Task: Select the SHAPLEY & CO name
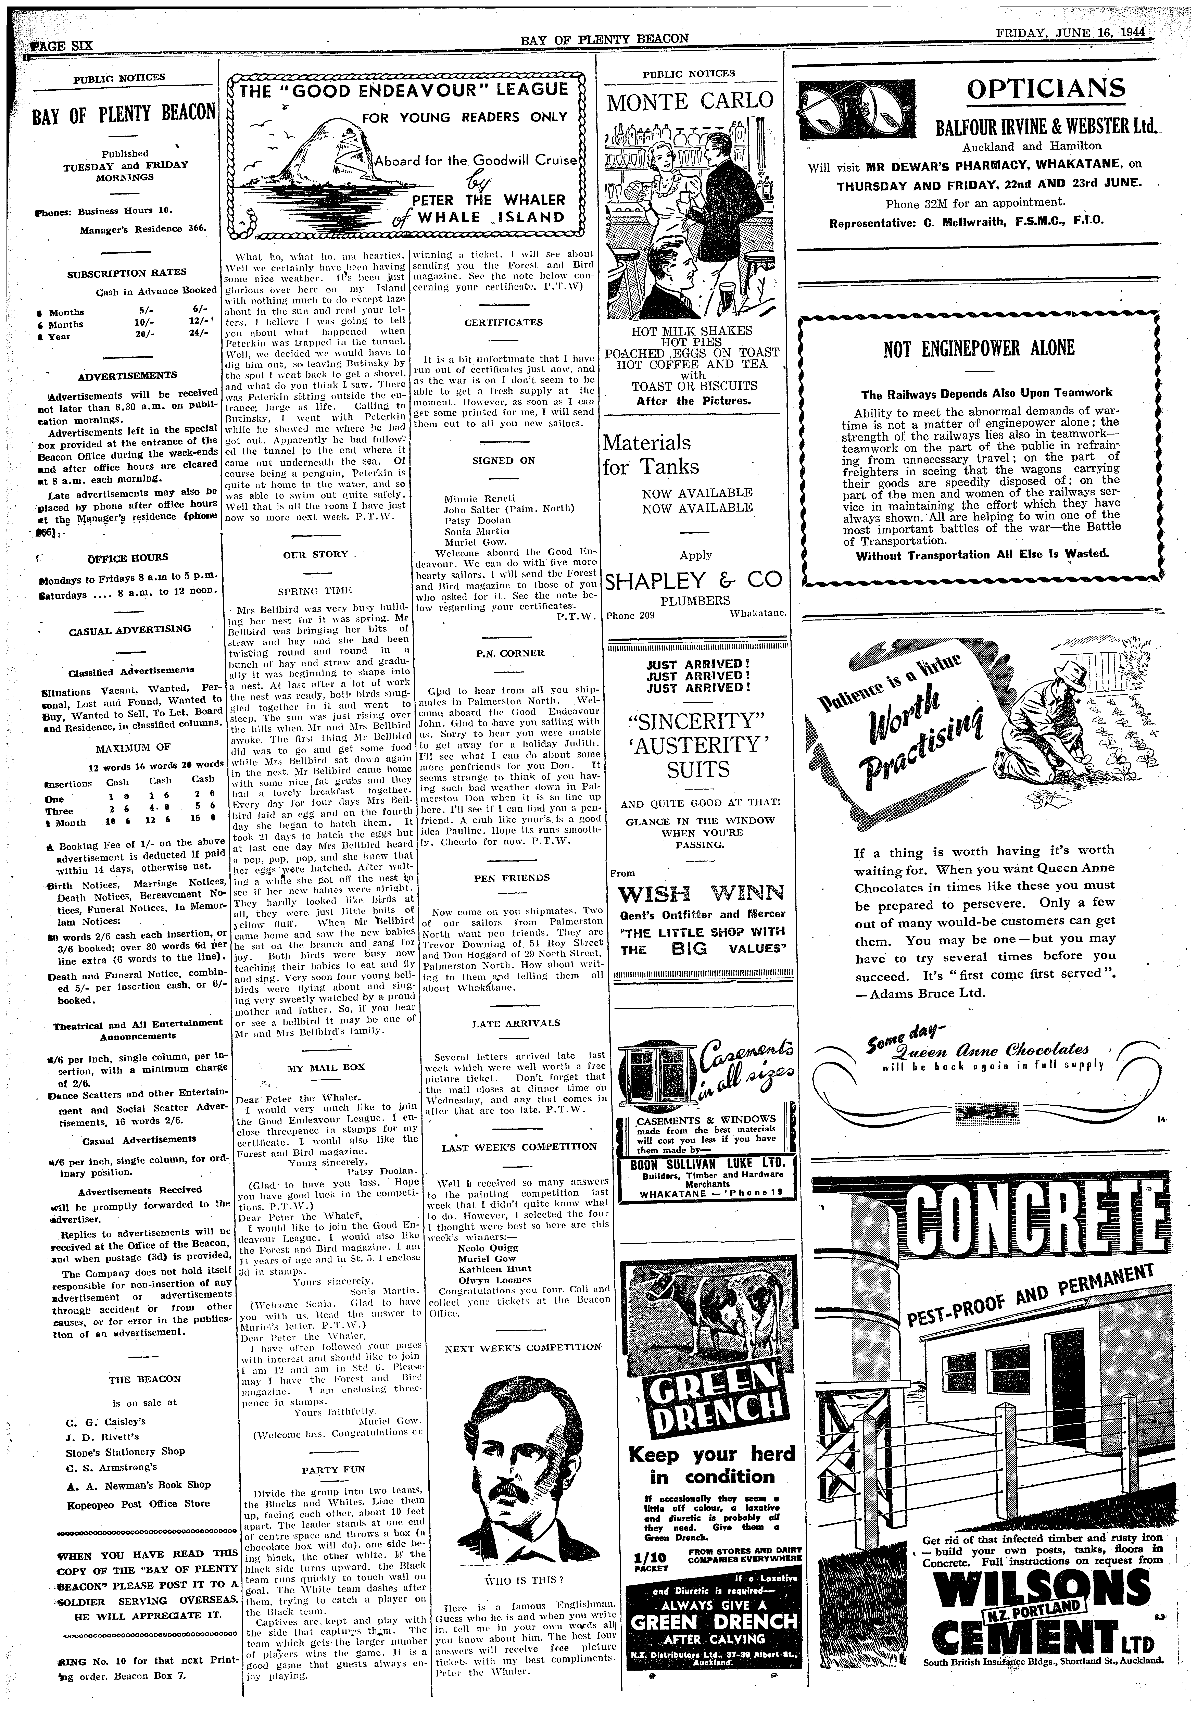694,580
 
